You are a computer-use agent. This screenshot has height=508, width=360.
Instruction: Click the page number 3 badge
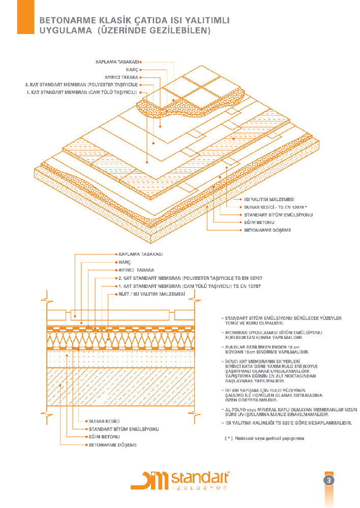[x=329, y=481]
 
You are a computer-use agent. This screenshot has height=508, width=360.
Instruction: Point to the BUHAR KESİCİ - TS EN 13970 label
[x=276, y=207]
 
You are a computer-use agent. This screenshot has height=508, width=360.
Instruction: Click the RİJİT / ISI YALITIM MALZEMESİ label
[x=151, y=294]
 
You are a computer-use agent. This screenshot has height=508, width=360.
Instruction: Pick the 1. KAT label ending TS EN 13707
[x=190, y=287]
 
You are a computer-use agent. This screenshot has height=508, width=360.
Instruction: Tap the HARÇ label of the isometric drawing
[x=132, y=70]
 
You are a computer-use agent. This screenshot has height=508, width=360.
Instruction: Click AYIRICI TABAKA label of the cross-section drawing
[x=136, y=270]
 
